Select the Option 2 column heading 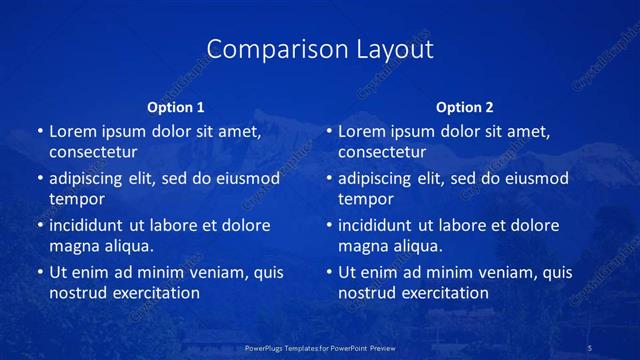click(x=465, y=107)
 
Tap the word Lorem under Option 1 click(x=71, y=131)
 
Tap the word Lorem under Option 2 click(x=360, y=131)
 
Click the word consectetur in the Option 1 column click(x=93, y=152)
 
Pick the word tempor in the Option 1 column click(x=76, y=199)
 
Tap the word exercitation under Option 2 click(x=443, y=293)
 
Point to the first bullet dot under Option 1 click(x=40, y=131)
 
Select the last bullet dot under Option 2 click(x=329, y=272)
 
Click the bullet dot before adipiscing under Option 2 click(x=329, y=179)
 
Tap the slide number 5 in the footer click(x=591, y=348)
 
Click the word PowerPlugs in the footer click(x=267, y=348)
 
